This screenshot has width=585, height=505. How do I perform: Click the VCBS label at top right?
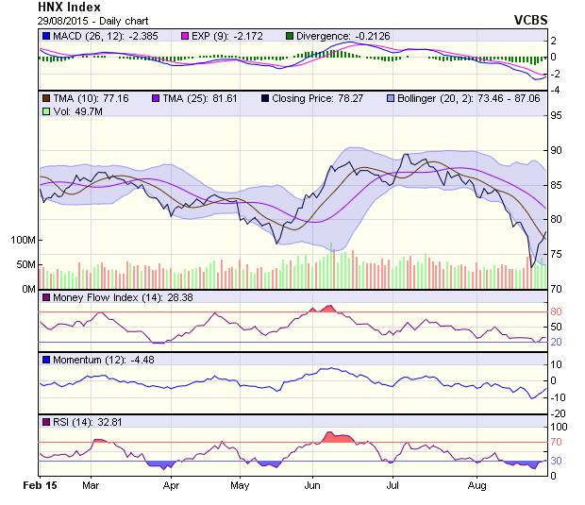click(530, 19)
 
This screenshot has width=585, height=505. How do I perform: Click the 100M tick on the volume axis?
click(22, 240)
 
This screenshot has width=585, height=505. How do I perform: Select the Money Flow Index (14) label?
click(101, 298)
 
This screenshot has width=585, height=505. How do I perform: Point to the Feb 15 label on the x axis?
click(41, 486)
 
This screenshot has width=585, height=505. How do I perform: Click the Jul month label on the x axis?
click(391, 486)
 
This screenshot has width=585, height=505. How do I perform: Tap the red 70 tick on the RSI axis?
click(557, 442)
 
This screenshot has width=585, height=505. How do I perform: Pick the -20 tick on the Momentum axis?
click(559, 412)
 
